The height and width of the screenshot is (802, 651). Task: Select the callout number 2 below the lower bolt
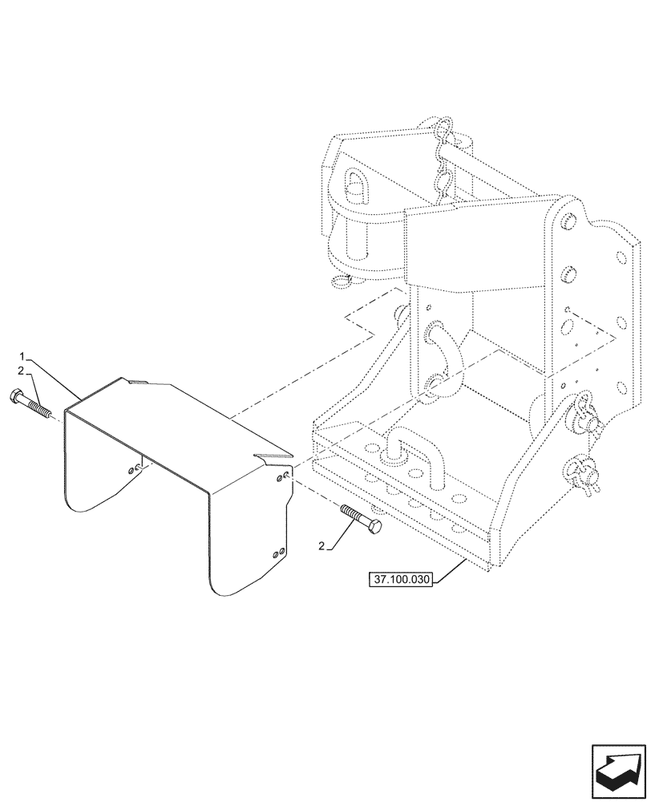point(322,547)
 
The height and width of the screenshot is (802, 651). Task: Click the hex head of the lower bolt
point(374,526)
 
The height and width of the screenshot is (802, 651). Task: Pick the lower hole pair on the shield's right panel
point(277,553)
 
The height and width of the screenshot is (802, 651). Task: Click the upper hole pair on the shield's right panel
point(284,478)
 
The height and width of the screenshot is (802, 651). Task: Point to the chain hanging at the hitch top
point(440,164)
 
